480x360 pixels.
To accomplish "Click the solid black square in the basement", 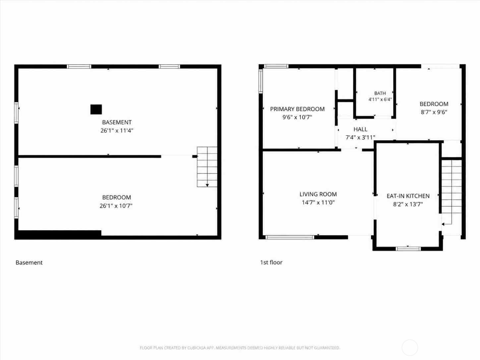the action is point(96,109).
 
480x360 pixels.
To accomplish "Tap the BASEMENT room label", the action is point(117,122).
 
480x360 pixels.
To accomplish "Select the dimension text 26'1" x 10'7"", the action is point(116,206).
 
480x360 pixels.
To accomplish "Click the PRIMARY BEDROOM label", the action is point(297,109).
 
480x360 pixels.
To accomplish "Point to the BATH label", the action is point(380,93).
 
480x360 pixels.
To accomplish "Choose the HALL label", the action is point(360,129).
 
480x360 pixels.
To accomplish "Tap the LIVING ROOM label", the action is point(318,194).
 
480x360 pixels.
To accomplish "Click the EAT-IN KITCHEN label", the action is point(408,196).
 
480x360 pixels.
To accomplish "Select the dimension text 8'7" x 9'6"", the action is point(434,112).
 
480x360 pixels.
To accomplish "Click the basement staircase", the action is point(207,167).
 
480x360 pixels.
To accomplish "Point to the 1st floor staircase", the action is point(451,192).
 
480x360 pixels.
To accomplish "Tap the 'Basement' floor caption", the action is point(29,263).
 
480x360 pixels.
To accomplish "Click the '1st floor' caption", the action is point(271,262).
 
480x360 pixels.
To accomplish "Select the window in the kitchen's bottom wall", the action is point(408,249).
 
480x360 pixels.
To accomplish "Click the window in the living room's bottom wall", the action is point(290,237).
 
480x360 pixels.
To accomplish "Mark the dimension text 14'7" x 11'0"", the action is point(318,203).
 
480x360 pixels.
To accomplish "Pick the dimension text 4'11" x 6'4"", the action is point(380,99).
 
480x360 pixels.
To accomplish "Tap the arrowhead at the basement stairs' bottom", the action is point(207,185).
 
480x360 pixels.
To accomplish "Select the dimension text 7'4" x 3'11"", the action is point(360,138).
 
